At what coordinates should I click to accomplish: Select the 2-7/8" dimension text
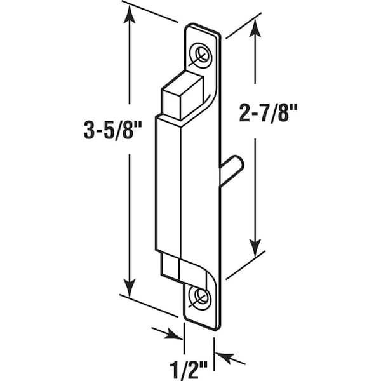268,113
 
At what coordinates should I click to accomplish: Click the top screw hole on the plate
200,56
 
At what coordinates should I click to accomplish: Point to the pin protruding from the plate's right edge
231,171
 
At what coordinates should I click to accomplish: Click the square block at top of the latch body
182,96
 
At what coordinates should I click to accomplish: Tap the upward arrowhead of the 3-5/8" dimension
130,15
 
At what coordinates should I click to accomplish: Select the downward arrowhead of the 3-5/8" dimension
130,288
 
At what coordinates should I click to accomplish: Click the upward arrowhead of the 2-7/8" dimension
255,28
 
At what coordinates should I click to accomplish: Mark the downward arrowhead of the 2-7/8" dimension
255,248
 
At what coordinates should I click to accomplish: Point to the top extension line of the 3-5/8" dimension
150,11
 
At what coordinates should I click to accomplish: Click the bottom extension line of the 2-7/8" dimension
245,265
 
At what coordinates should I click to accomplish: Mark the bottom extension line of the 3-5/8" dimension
148,305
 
